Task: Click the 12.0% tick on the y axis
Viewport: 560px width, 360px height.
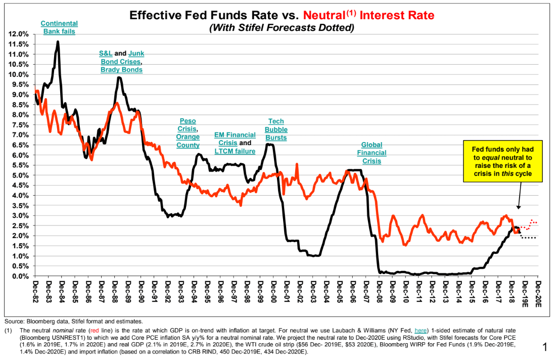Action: click(x=18, y=34)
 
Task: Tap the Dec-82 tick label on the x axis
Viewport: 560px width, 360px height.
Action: click(x=35, y=291)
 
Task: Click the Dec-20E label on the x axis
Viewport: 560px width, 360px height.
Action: click(x=539, y=293)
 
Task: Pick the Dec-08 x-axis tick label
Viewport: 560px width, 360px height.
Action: click(x=379, y=291)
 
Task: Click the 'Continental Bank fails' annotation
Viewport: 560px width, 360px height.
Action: click(x=59, y=27)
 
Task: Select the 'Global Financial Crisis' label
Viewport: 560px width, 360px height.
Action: click(x=371, y=153)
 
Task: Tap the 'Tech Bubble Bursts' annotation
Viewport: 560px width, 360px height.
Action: click(x=276, y=129)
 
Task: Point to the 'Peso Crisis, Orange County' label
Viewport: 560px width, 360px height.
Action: click(x=188, y=133)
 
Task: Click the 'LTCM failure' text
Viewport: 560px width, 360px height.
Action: click(x=235, y=151)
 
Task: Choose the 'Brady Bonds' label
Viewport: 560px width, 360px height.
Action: click(x=121, y=69)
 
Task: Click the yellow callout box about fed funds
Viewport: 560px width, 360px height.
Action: click(x=503, y=161)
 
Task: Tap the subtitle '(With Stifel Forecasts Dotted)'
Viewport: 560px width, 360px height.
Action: click(x=282, y=28)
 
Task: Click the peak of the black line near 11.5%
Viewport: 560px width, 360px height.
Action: click(x=58, y=42)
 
